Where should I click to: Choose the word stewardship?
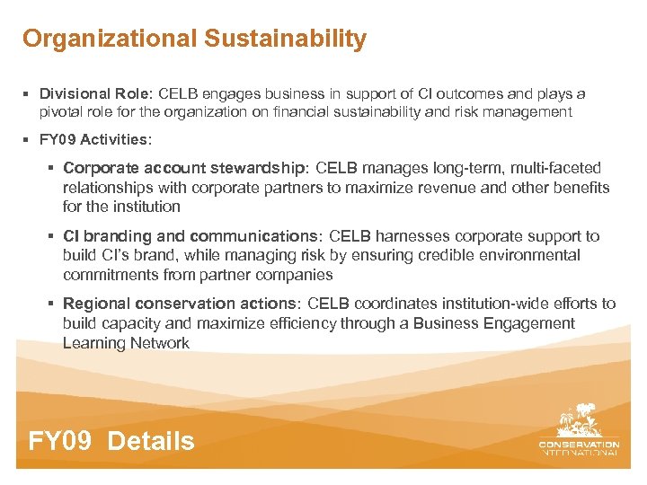pyautogui.click(x=256, y=168)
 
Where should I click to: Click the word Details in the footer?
pyautogui.click(x=150, y=441)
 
